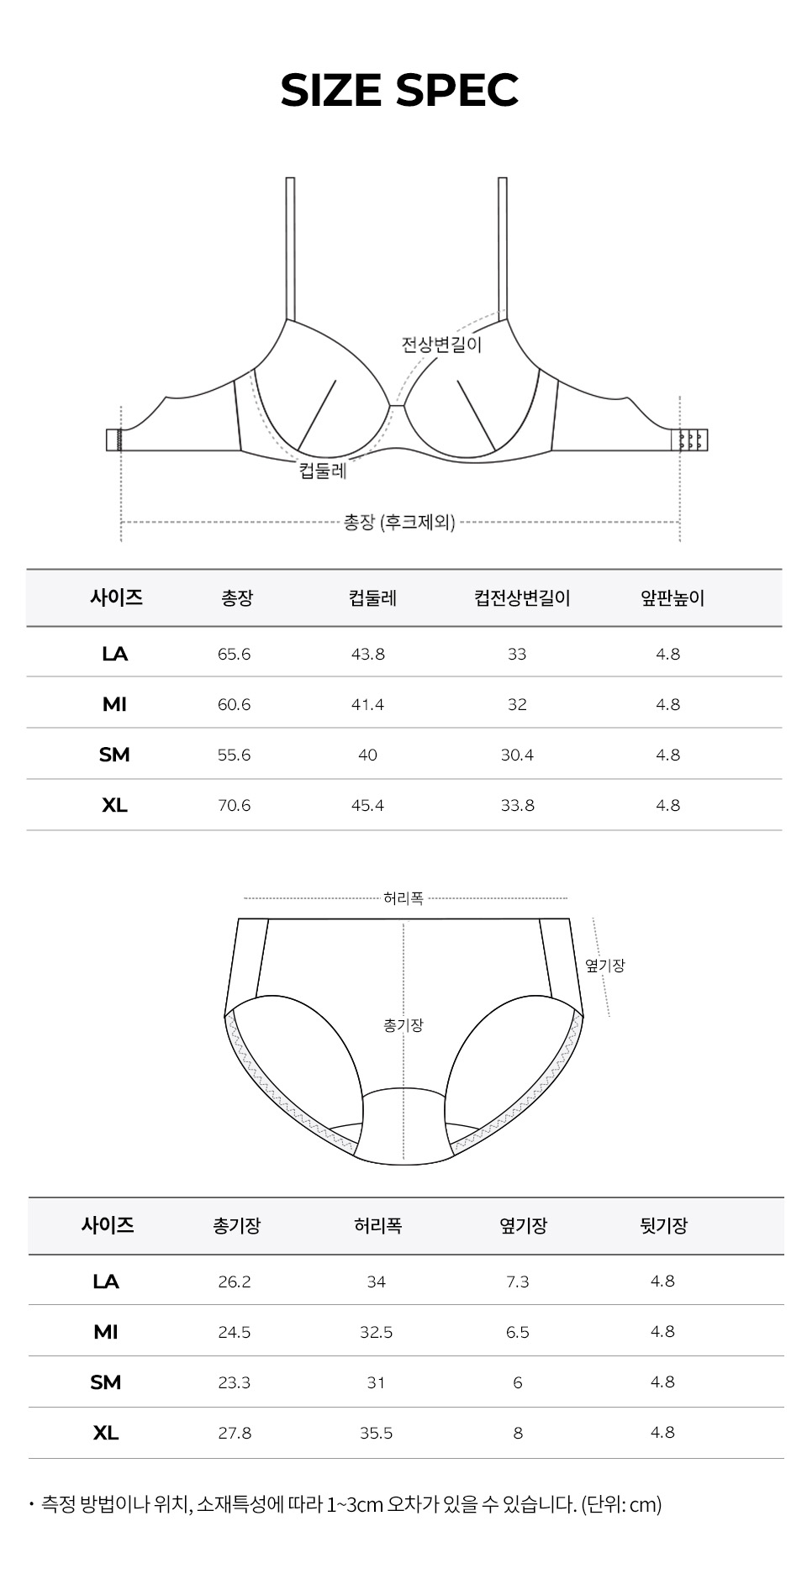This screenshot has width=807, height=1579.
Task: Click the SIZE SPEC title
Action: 399,91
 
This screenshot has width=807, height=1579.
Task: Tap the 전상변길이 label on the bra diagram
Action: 441,345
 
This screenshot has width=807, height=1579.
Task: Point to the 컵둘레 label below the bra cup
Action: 323,471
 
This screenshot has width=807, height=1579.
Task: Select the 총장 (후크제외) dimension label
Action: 399,522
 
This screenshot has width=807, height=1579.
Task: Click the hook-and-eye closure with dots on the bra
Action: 693,439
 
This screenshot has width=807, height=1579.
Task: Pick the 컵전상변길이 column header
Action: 522,598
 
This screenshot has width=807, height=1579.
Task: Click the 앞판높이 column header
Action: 672,598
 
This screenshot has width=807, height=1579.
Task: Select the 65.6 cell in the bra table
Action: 234,654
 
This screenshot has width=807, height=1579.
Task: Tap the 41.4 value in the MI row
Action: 367,704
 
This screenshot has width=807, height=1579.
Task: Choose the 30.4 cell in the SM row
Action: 517,755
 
